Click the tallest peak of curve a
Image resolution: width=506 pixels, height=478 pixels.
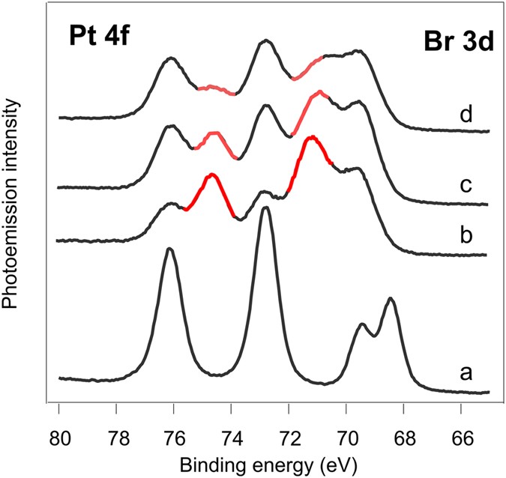click(x=265, y=209)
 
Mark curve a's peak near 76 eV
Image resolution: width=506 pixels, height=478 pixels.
click(x=169, y=249)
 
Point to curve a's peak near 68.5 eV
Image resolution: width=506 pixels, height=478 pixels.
click(x=390, y=299)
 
